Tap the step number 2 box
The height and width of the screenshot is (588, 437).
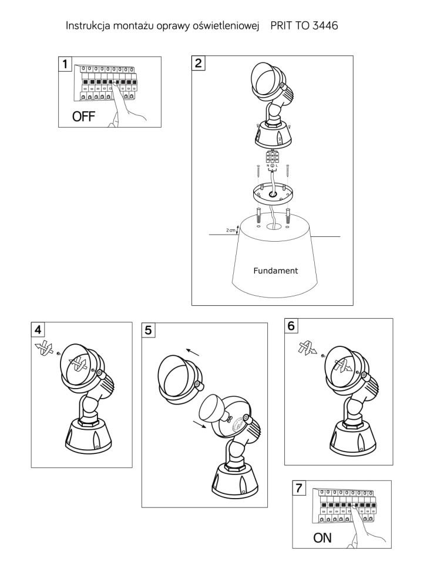[199, 63]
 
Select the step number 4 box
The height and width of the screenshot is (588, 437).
[39, 329]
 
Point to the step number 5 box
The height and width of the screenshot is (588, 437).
[149, 330]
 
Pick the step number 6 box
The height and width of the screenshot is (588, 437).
[292, 326]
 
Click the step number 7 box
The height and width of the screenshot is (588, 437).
[300, 488]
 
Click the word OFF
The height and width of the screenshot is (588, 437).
[83, 116]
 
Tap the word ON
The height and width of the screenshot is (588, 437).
[322, 537]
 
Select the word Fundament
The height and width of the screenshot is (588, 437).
[275, 271]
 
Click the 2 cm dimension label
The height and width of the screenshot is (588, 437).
[230, 231]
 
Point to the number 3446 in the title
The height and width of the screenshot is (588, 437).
[323, 26]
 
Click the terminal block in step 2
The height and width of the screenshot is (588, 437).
[273, 158]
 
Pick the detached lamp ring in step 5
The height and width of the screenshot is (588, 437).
[179, 379]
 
